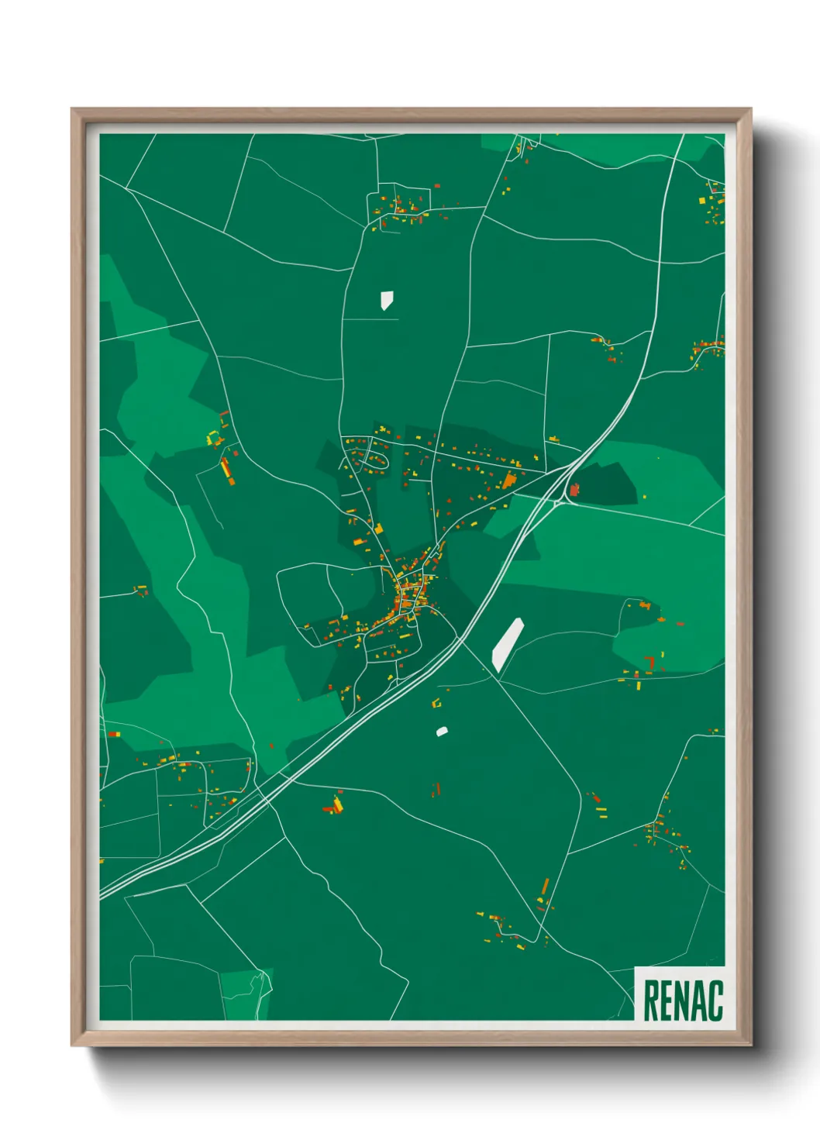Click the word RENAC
[683, 1001]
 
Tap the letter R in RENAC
[651, 1001]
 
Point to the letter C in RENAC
[715, 1001]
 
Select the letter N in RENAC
[683, 1001]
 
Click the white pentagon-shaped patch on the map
[387, 300]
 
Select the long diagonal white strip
[508, 643]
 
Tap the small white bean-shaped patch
[442, 731]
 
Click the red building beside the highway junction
[574, 489]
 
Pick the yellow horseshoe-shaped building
[213, 439]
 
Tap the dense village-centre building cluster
[408, 595]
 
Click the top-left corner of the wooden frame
[74, 112]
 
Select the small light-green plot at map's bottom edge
[246, 994]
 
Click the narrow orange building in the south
[545, 887]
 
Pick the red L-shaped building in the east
[651, 662]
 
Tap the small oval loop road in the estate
[376, 461]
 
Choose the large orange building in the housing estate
[508, 480]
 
